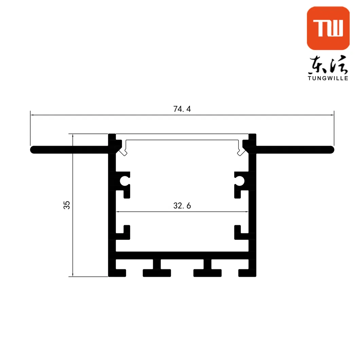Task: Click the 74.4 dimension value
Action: pos(182,109)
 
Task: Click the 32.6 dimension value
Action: pos(182,206)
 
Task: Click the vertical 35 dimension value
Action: pos(67,205)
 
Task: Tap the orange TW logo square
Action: pos(328,28)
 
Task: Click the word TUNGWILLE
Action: pos(328,78)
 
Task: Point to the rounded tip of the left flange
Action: pos(33,150)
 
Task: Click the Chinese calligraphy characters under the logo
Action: pos(328,65)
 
